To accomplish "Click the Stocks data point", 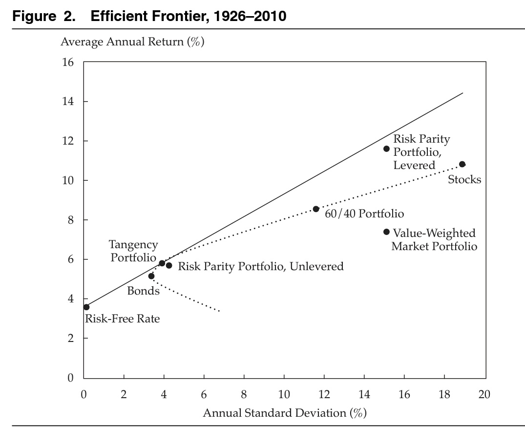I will [x=462, y=164].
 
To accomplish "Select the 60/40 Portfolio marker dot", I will [x=316, y=209].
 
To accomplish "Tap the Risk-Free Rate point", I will [x=86, y=307].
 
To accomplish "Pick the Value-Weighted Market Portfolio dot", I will [x=386, y=232].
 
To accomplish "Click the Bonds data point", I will [x=151, y=276].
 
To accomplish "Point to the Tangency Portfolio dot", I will [x=162, y=263].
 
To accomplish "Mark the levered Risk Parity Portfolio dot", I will [x=386, y=149].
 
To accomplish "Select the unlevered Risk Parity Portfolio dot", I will [x=169, y=265].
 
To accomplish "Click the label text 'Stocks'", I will [x=464, y=180].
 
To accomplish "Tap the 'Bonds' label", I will [x=143, y=291].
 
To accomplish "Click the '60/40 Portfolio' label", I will [x=364, y=214].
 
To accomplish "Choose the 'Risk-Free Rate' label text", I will [x=122, y=320].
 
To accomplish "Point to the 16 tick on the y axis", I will [x=67, y=63].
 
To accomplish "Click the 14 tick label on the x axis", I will [x=364, y=394].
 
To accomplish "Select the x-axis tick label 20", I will [x=484, y=394].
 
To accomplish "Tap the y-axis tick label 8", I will [x=70, y=220].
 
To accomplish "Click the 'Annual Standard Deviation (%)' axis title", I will [x=284, y=413].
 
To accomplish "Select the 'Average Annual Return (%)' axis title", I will [x=132, y=42].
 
